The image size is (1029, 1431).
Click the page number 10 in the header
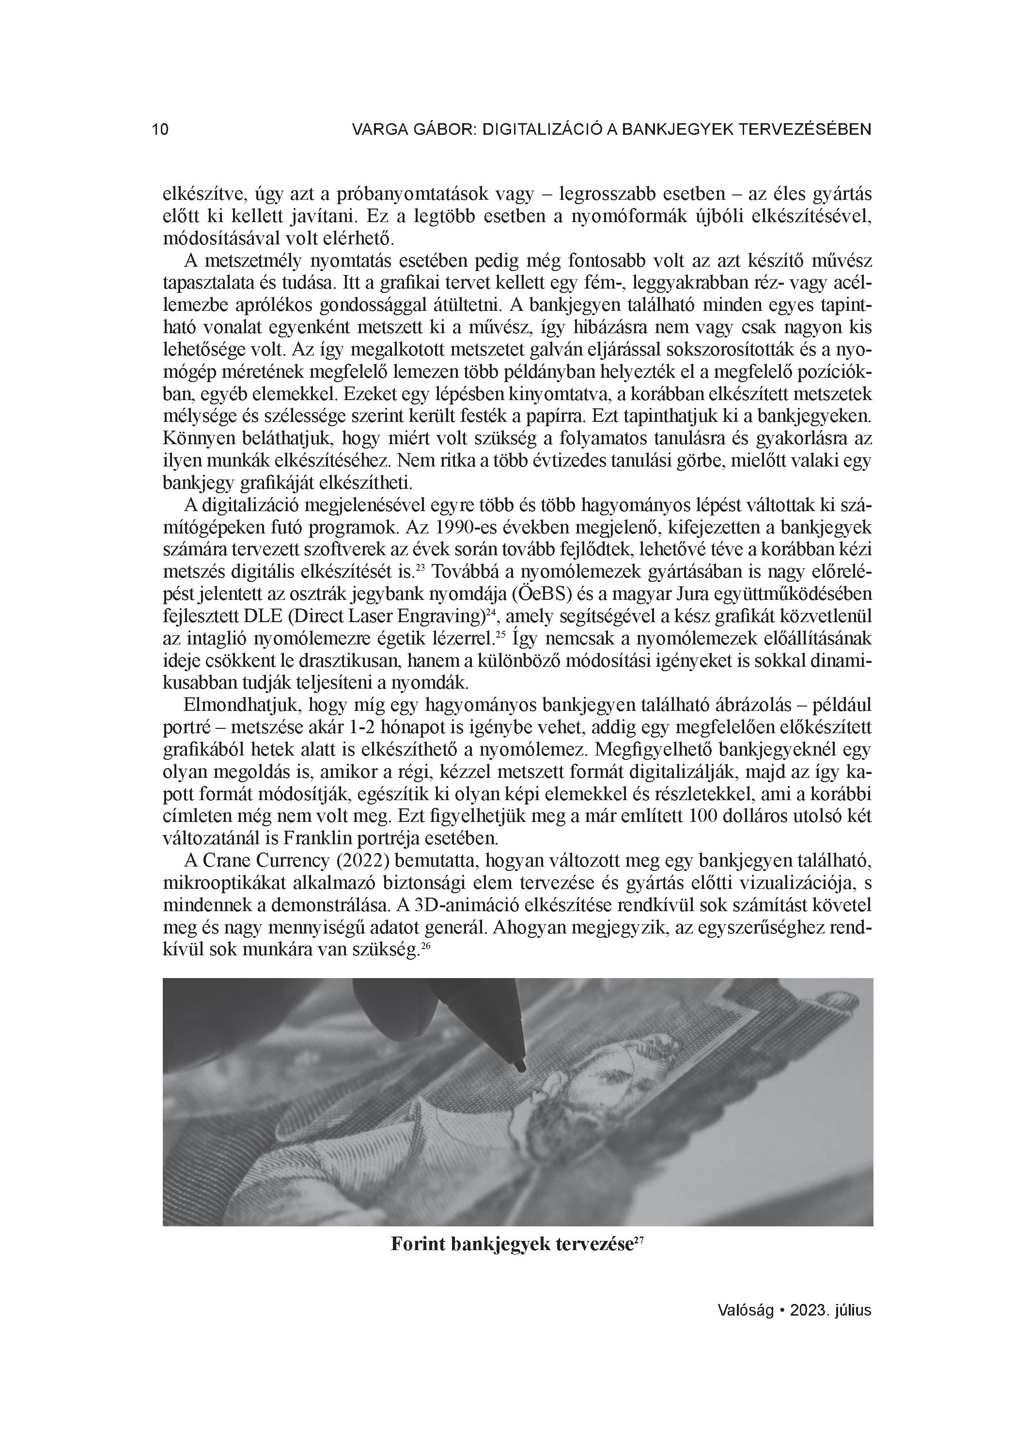(x=160, y=130)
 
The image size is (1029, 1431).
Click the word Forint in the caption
(x=418, y=1245)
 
